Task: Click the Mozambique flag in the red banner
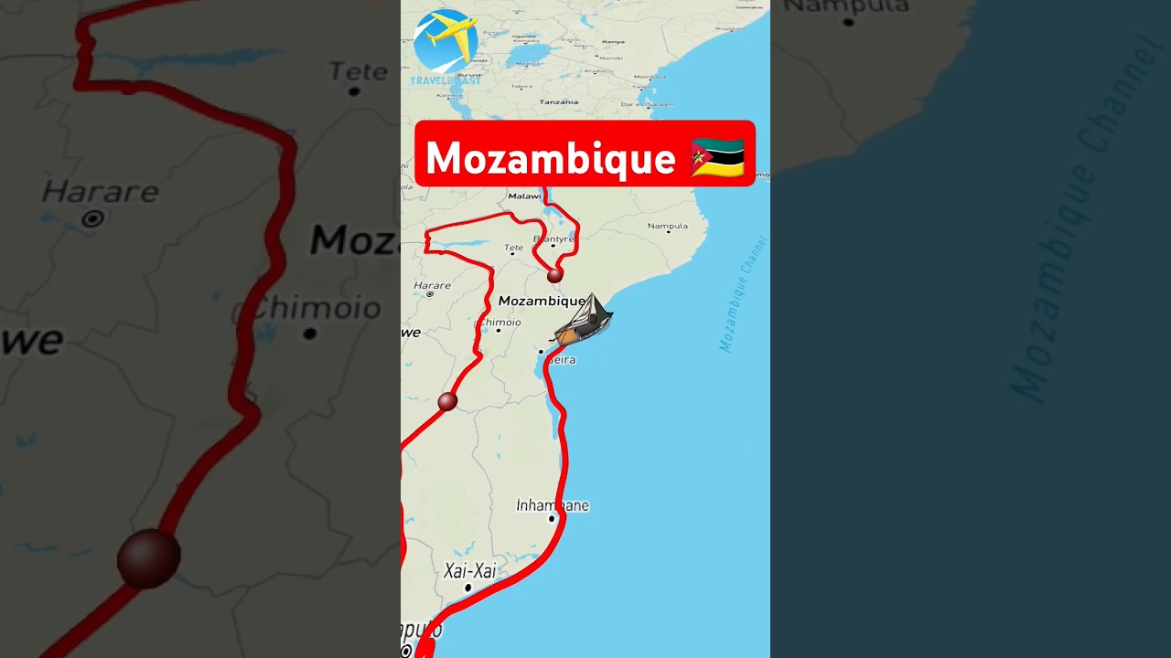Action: tap(717, 158)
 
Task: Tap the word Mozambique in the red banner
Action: tap(550, 158)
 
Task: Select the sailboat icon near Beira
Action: tap(584, 321)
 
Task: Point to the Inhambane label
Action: tap(553, 505)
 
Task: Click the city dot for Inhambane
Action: tap(552, 519)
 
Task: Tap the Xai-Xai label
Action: tap(469, 571)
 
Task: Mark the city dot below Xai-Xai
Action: tap(467, 588)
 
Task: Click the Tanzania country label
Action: tap(558, 101)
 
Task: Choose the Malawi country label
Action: tap(524, 196)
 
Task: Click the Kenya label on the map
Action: tap(613, 42)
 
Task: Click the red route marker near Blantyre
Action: tap(554, 274)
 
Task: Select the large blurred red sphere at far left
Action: tap(148, 557)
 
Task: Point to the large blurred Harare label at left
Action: tap(101, 192)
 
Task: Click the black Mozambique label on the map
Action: tap(542, 301)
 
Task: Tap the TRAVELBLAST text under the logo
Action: tap(446, 80)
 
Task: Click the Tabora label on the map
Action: tap(521, 87)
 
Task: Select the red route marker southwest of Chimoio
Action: tap(447, 401)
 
